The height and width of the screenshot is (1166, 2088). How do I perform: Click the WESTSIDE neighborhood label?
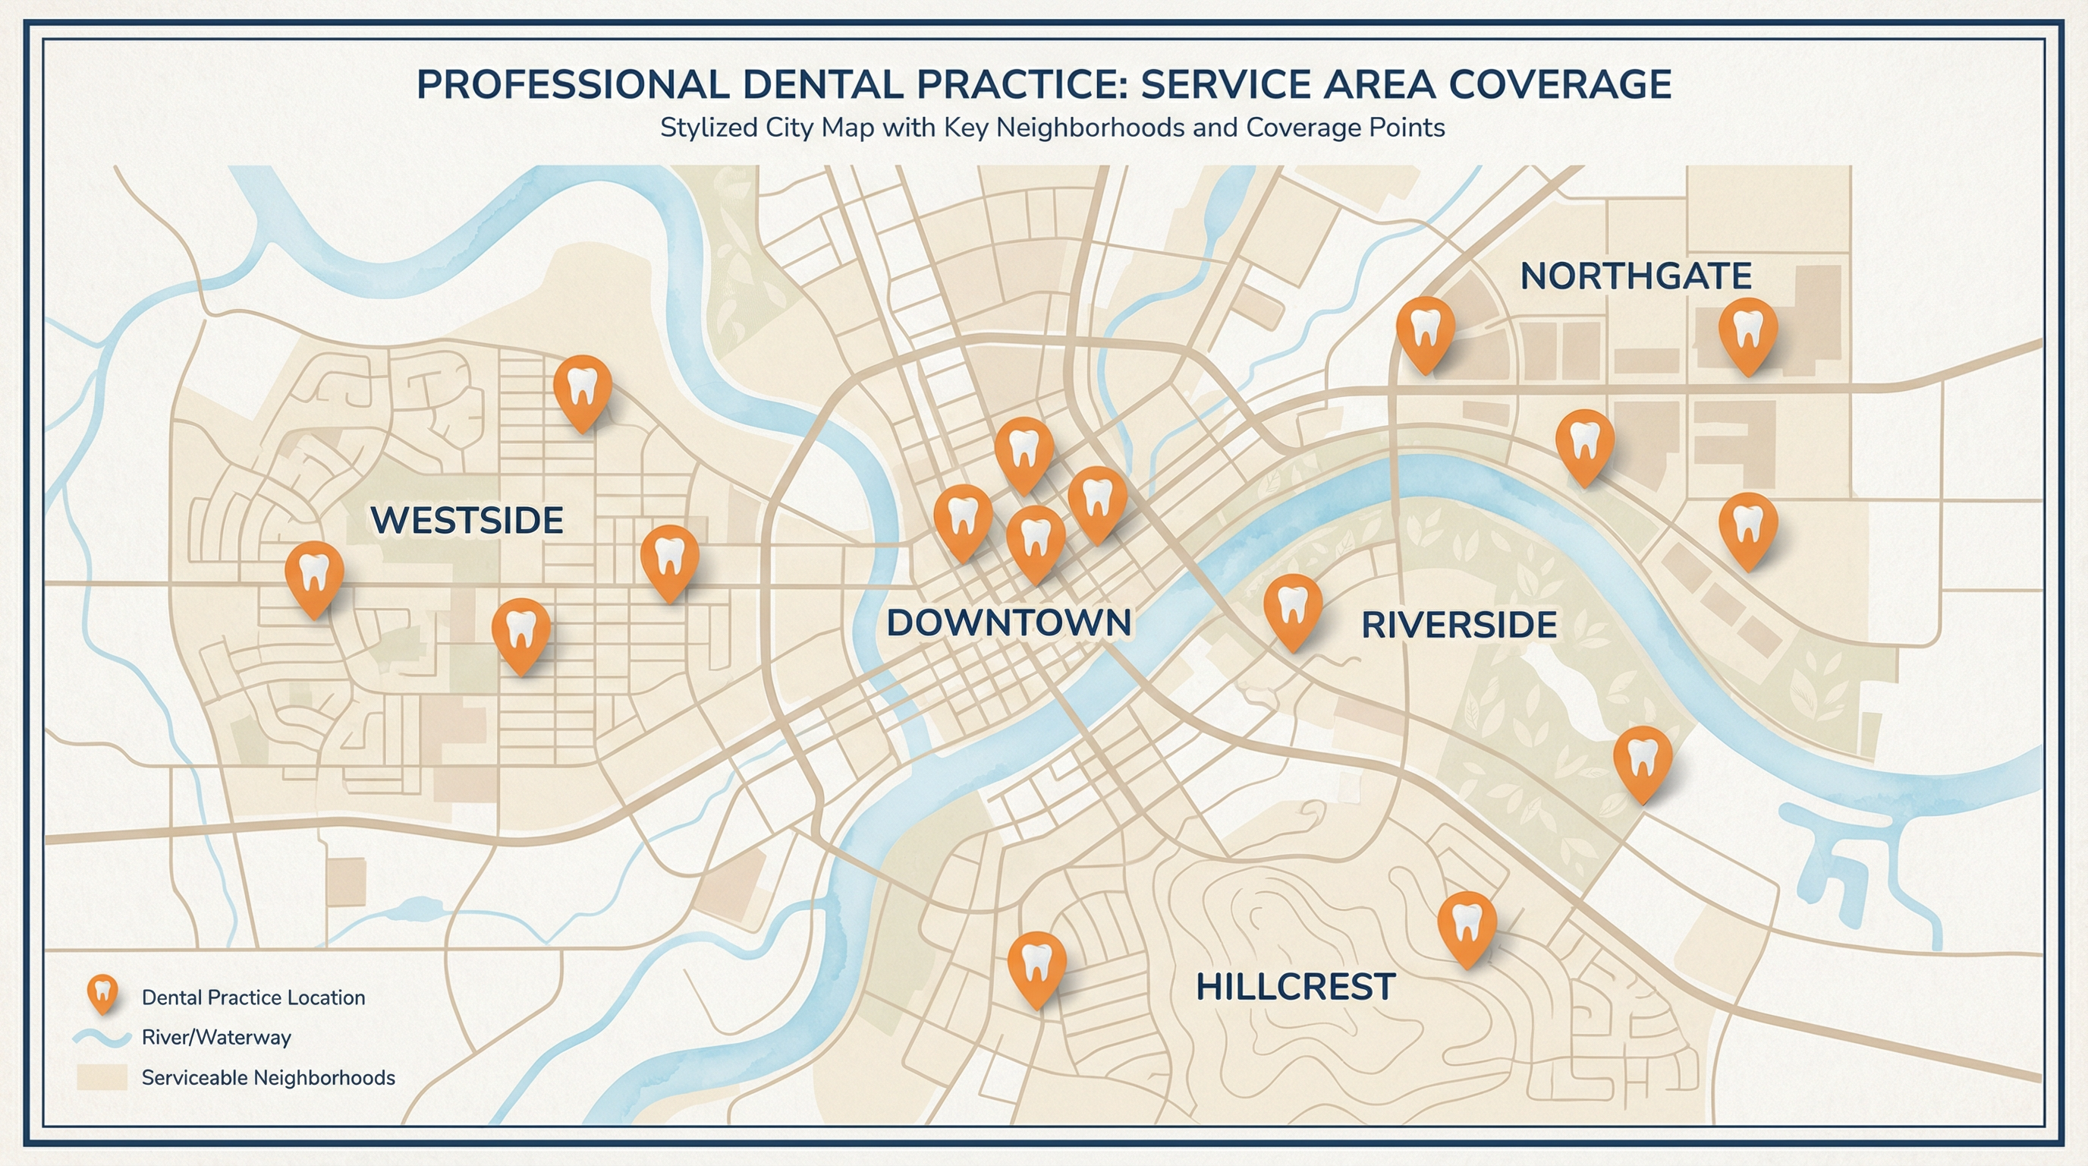pyautogui.click(x=466, y=521)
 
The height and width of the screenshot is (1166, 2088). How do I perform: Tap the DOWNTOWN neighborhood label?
pyautogui.click(x=1008, y=622)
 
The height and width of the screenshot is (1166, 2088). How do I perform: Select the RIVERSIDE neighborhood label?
pyautogui.click(x=1458, y=626)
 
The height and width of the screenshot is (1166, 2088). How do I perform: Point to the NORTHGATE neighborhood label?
pyautogui.click(x=1635, y=276)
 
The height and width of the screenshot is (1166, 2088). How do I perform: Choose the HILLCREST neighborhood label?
pyautogui.click(x=1294, y=987)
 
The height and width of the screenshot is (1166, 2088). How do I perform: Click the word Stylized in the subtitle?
pyautogui.click(x=697, y=128)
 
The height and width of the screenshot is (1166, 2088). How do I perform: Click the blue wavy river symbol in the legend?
pyautogui.click(x=102, y=1038)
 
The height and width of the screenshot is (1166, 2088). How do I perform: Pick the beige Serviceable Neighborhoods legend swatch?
pyautogui.click(x=102, y=1078)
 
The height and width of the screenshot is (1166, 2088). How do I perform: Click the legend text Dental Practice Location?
pyautogui.click(x=253, y=997)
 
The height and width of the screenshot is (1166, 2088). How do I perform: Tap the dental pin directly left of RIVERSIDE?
pyautogui.click(x=1293, y=608)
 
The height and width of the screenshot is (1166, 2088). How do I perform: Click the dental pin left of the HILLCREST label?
pyautogui.click(x=1036, y=965)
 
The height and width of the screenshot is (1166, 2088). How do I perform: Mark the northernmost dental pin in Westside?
pyautogui.click(x=582, y=389)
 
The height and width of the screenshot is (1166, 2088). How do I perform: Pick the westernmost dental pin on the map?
pyautogui.click(x=315, y=575)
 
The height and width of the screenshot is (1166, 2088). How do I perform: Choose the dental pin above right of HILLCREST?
pyautogui.click(x=1467, y=925)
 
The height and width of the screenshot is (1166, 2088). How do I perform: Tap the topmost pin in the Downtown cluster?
pyautogui.click(x=1024, y=451)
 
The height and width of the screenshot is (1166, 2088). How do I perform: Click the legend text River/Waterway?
pyautogui.click(x=215, y=1038)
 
